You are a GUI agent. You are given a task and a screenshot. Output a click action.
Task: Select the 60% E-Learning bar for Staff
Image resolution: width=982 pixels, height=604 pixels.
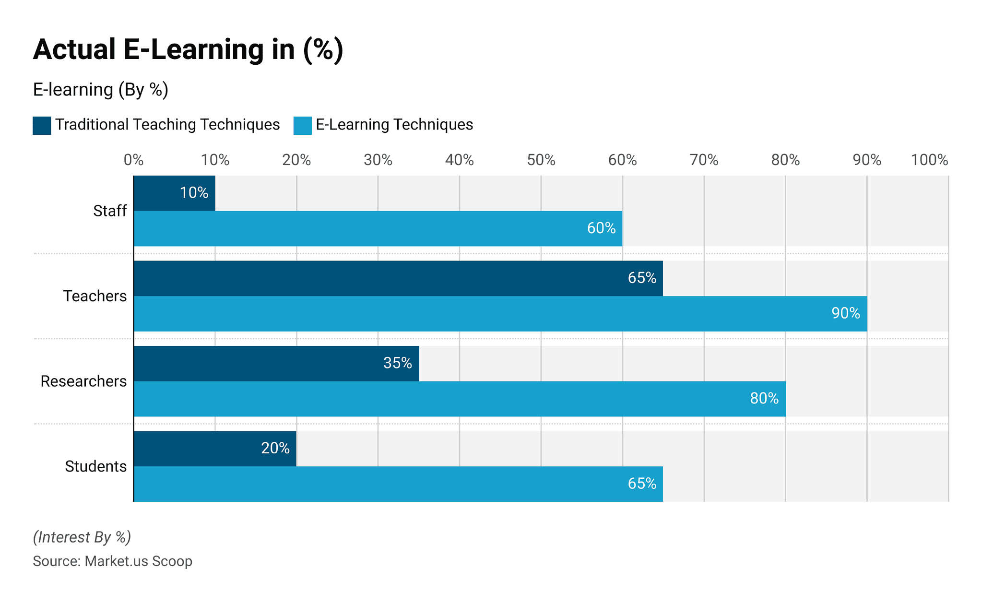coord(378,228)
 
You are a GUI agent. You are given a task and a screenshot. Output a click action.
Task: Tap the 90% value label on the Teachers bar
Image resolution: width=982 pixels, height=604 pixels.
coord(845,313)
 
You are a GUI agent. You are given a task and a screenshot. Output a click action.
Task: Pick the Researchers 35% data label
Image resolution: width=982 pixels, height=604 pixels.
coord(397,363)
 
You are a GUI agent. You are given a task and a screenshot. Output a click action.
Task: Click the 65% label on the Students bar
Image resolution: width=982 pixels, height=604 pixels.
coord(642,484)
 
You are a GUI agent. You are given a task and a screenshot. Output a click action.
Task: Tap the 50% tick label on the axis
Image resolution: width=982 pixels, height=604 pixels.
coord(541,160)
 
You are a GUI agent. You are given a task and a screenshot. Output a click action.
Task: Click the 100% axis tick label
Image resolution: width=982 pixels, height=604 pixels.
coord(929,160)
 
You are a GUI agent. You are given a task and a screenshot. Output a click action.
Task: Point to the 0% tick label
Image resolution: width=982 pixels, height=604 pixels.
coord(133,160)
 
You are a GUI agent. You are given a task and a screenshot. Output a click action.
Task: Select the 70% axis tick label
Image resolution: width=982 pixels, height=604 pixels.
coord(704,160)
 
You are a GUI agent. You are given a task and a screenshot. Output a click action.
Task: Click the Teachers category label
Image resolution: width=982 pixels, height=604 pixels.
coord(95,296)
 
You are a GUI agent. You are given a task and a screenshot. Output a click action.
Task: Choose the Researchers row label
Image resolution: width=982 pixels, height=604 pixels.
coord(83,381)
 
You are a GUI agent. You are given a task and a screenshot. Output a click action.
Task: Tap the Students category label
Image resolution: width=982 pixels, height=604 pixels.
coord(95,466)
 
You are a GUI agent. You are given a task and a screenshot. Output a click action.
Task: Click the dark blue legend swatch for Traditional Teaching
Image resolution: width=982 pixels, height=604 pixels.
coord(42,126)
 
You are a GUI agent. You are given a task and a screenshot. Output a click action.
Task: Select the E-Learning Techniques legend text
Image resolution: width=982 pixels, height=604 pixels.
coord(394,125)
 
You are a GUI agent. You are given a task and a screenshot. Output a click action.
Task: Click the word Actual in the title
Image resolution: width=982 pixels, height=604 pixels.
coord(74,49)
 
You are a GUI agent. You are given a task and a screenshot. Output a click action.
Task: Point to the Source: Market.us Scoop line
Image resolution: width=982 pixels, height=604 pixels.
coord(112,561)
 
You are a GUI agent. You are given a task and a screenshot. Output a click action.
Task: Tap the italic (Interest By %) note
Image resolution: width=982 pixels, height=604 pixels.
coord(82,537)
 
